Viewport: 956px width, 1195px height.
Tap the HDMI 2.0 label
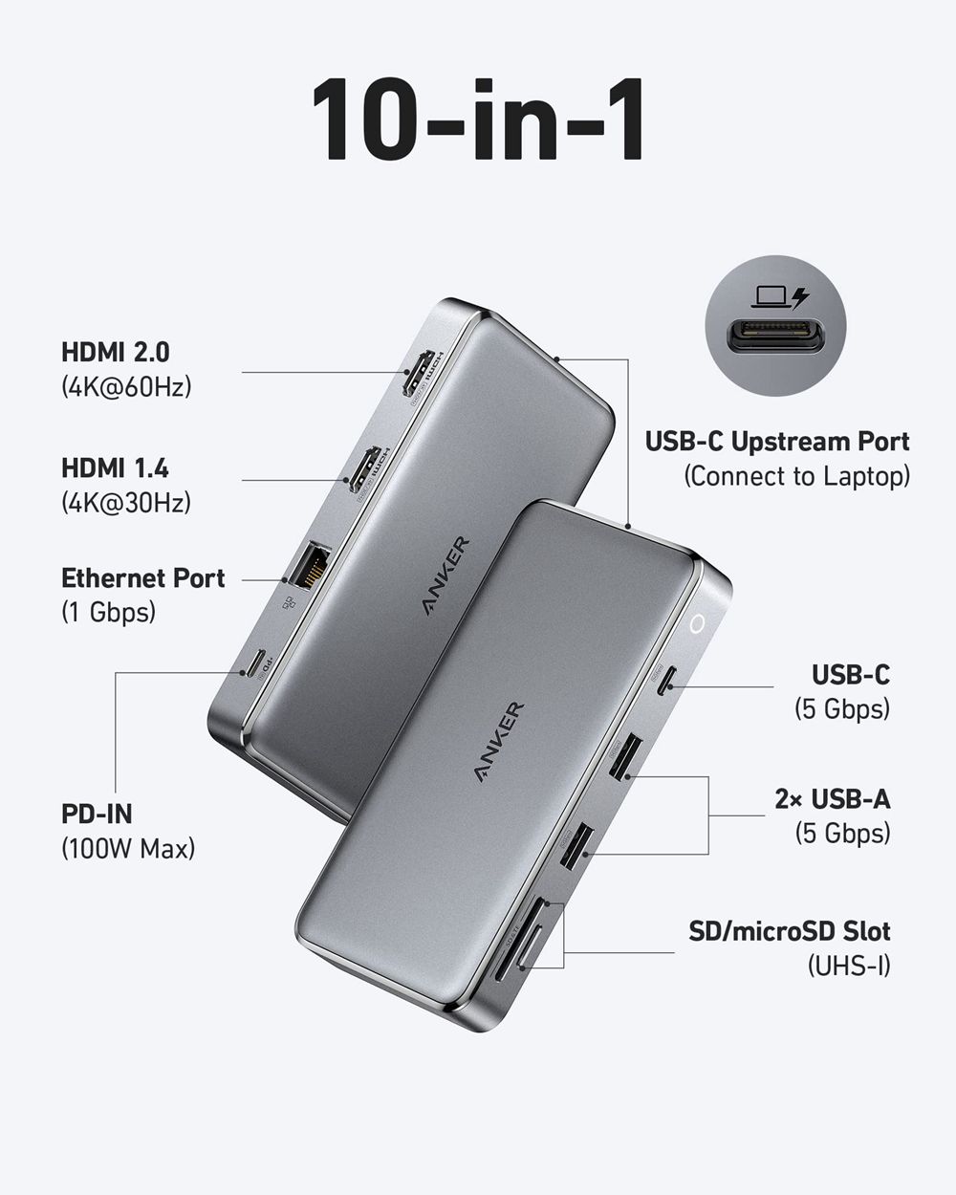[x=116, y=352]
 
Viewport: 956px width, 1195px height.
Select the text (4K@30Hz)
[x=126, y=502]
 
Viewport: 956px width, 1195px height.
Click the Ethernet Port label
[x=143, y=577]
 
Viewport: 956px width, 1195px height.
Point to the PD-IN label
[x=97, y=814]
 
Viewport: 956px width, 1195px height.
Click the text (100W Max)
[x=128, y=848]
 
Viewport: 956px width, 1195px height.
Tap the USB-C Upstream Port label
[x=776, y=442]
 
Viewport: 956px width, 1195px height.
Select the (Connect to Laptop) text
[x=796, y=476]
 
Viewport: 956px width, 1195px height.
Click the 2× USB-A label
[x=832, y=798]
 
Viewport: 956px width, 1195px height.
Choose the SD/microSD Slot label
[x=789, y=930]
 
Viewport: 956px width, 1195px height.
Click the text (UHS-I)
[x=849, y=966]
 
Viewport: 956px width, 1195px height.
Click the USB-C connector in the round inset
[x=775, y=337]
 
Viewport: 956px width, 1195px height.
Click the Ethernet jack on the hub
[x=310, y=566]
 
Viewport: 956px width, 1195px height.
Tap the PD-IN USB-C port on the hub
[x=254, y=665]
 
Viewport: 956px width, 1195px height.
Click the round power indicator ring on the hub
[x=698, y=624]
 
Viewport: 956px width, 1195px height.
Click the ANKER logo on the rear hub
[x=445, y=576]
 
